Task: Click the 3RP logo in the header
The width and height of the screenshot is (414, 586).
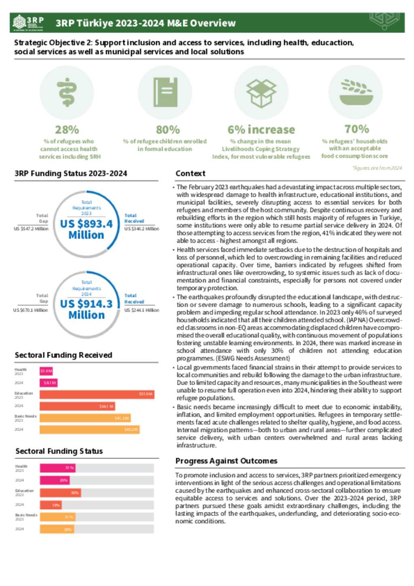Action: pyautogui.click(x=28, y=23)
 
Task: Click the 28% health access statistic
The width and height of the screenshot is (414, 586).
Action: pyautogui.click(x=67, y=130)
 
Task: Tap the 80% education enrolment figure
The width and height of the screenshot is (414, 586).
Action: pyautogui.click(x=168, y=130)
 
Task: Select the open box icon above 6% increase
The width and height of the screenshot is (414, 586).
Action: pyautogui.click(x=261, y=93)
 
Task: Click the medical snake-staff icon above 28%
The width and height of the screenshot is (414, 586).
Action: pyautogui.click(x=67, y=93)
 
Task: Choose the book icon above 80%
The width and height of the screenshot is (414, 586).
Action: pyautogui.click(x=165, y=93)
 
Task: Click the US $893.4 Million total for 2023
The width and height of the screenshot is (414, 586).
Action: pyautogui.click(x=87, y=229)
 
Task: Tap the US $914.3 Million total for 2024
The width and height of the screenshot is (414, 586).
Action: pyautogui.click(x=87, y=309)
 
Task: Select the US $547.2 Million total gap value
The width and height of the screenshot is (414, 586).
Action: pyautogui.click(x=31, y=229)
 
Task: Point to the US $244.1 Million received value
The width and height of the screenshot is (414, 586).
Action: pyautogui.click(x=142, y=310)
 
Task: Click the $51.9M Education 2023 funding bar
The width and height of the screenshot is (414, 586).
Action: pyautogui.click(x=97, y=394)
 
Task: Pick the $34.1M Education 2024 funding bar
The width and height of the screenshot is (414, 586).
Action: pyautogui.click(x=77, y=406)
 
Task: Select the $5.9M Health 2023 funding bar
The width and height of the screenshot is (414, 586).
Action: pyautogui.click(x=46, y=371)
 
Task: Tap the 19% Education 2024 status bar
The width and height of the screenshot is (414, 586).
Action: pyautogui.click(x=51, y=505)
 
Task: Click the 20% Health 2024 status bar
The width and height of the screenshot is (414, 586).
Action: pyautogui.click(x=55, y=480)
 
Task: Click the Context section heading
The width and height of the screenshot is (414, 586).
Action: pyautogui.click(x=190, y=173)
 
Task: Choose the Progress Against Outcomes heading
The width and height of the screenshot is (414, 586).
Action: pyautogui.click(x=226, y=461)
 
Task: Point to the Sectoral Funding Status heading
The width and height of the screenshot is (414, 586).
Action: pyautogui.click(x=59, y=451)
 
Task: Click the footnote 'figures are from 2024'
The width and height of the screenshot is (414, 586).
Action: pyautogui.click(x=377, y=168)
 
